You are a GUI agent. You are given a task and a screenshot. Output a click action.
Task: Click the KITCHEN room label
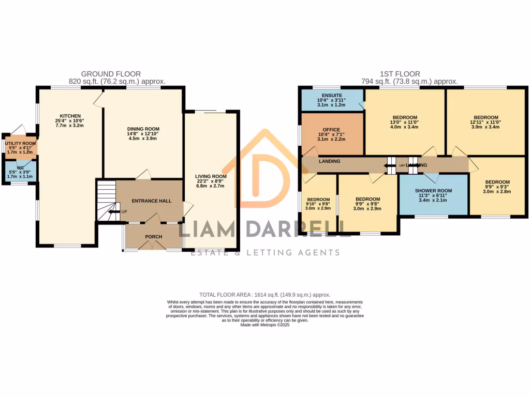pyautogui.click(x=70, y=116)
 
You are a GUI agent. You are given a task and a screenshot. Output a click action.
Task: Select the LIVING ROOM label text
pyautogui.click(x=211, y=177)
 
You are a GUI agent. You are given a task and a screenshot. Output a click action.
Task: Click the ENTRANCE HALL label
pyautogui.click(x=151, y=201)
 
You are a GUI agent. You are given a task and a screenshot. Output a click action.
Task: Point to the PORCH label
pyautogui.click(x=153, y=237)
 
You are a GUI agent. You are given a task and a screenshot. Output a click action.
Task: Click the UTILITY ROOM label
pyautogui.click(x=21, y=143)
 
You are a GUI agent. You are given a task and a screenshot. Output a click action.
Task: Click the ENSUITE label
pyautogui.click(x=331, y=95)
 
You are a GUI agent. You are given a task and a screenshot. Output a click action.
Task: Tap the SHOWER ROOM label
pyautogui.click(x=433, y=191)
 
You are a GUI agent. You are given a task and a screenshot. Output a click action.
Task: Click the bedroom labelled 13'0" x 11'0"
pyautogui.click(x=404, y=117)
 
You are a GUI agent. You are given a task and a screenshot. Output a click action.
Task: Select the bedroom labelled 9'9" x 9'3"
pyautogui.click(x=497, y=182)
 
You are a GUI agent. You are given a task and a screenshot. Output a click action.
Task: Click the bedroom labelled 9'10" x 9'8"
pyautogui.click(x=318, y=200)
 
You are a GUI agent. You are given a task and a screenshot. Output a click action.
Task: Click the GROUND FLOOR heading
pyautogui.click(x=111, y=74)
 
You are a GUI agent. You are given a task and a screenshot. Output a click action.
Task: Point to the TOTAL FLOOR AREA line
pyautogui.click(x=264, y=295)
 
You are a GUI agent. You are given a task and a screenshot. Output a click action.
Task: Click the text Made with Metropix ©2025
pyautogui.click(x=264, y=325)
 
